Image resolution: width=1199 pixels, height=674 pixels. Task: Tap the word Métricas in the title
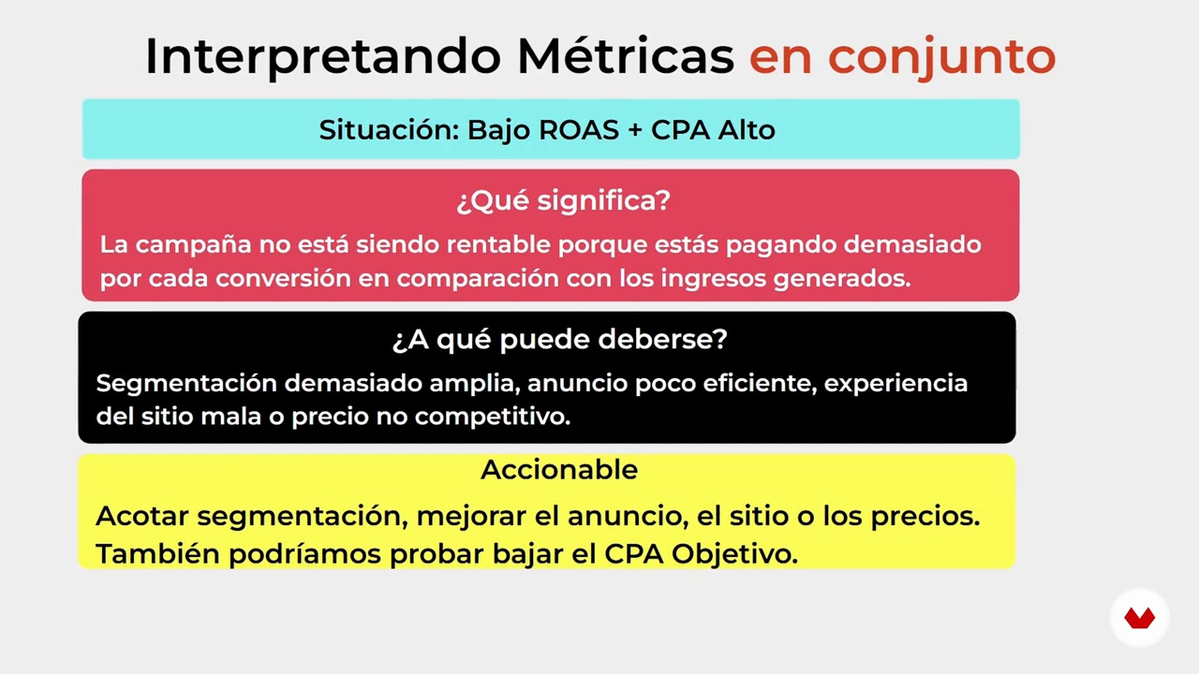point(625,55)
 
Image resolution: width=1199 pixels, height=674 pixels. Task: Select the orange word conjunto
point(941,58)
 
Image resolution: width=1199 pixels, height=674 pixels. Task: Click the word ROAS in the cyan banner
point(579,130)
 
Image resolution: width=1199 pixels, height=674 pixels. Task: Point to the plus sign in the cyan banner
point(635,130)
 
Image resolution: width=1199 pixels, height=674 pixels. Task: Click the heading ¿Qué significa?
point(563,200)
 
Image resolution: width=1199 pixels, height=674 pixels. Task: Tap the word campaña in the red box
point(193,245)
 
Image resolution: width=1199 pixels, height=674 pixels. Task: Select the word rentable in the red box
point(498,244)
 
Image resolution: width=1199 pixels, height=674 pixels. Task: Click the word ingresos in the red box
point(714,279)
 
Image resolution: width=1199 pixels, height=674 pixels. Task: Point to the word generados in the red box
point(842,279)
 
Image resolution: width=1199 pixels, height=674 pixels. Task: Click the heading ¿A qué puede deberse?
point(560,340)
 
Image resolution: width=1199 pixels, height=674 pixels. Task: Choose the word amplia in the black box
point(475,384)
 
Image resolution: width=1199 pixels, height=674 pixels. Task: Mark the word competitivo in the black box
point(493,418)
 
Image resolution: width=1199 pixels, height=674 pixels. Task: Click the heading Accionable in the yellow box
point(559,470)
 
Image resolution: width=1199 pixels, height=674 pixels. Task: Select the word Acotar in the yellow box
point(141,516)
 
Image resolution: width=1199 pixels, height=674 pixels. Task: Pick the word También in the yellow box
point(158,553)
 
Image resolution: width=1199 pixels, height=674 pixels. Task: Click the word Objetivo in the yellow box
point(734,555)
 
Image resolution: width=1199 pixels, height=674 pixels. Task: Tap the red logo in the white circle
point(1139,619)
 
